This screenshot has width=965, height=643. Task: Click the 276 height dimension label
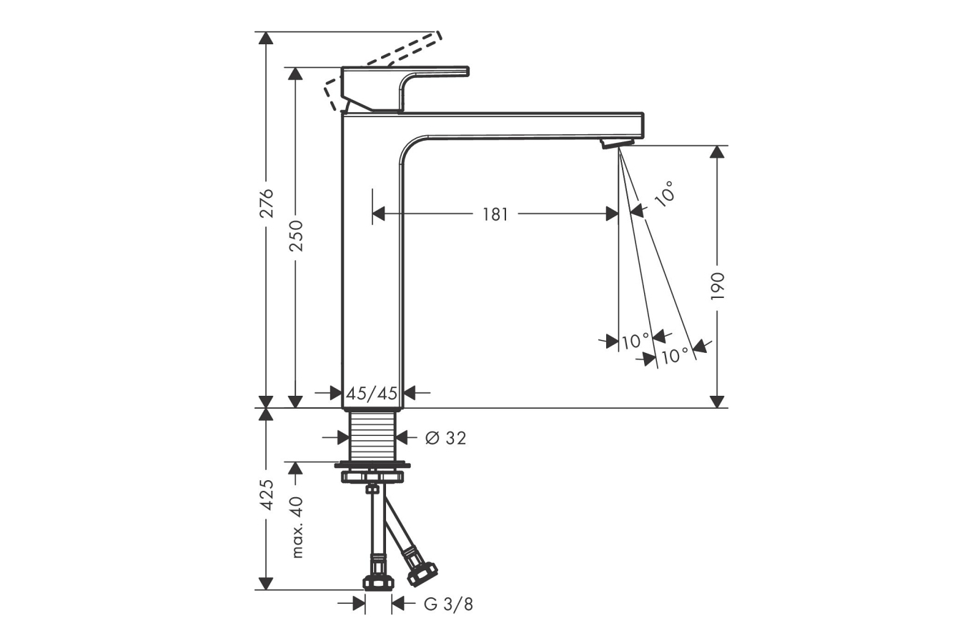tap(267, 203)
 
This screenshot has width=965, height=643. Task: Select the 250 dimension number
tap(296, 236)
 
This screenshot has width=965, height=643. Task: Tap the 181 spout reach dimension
tap(495, 214)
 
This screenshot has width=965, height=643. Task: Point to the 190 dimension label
tap(718, 286)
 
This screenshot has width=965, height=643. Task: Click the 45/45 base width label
tap(372, 393)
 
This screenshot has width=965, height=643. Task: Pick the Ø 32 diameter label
tap(445, 439)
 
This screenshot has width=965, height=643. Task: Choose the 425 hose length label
tap(267, 495)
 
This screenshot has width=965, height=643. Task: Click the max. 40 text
tap(297, 527)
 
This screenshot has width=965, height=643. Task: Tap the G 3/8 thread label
tap(448, 604)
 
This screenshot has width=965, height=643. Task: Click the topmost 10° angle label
tap(664, 194)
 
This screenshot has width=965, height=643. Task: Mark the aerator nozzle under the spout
tap(618, 144)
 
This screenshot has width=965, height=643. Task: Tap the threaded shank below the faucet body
tap(372, 435)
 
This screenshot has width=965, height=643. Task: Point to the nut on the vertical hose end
tap(378, 583)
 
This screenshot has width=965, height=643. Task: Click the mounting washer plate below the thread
tap(372, 465)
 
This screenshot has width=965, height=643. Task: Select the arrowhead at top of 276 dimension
tap(266, 38)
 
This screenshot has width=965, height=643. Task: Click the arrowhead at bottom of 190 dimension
tap(717, 402)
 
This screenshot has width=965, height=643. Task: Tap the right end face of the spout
tap(643, 125)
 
